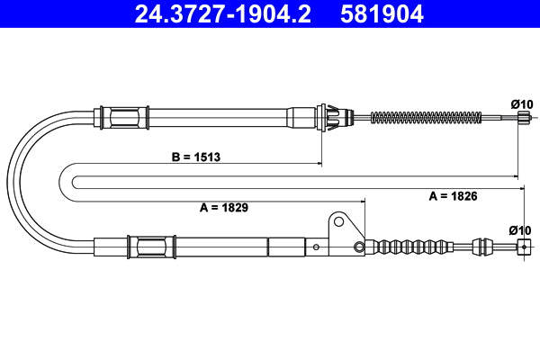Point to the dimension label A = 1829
click(223, 206)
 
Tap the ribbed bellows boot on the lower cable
click(414, 245)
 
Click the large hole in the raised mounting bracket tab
click(338, 220)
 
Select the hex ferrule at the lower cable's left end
click(147, 245)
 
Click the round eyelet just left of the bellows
click(359, 247)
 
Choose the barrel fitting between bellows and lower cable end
click(481, 247)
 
